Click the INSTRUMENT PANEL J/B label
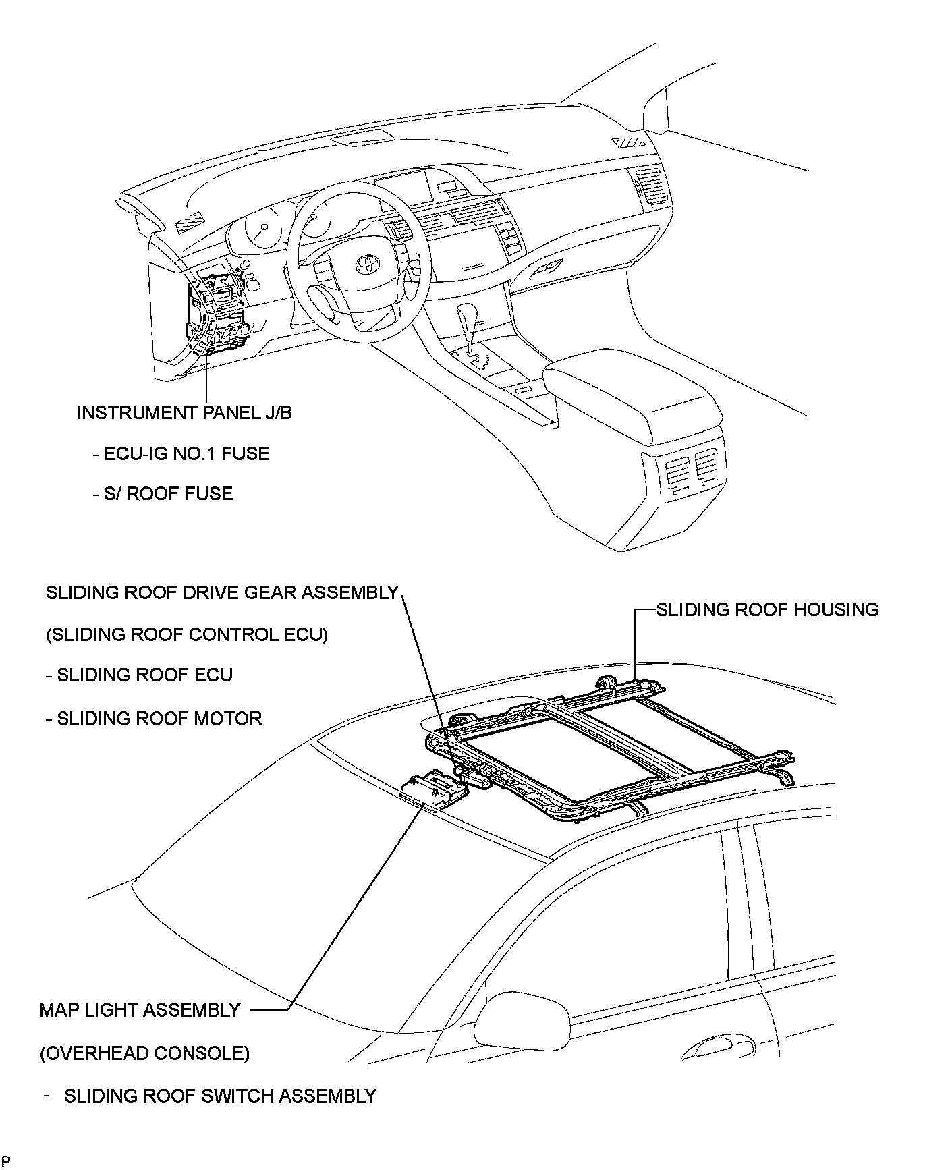tap(184, 412)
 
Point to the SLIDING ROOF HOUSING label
tap(767, 609)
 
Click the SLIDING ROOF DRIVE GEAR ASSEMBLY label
tap(222, 592)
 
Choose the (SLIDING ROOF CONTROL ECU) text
tap(187, 634)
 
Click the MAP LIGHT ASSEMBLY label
tap(140, 1009)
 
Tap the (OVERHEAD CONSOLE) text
tap(144, 1053)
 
